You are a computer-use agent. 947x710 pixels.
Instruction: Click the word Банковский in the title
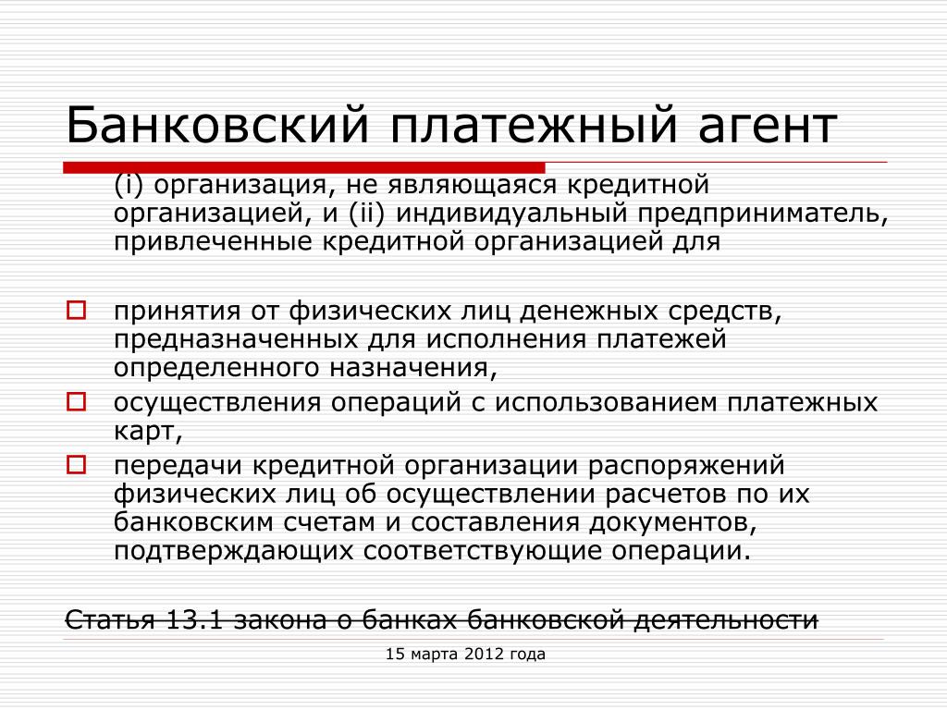pyautogui.click(x=216, y=125)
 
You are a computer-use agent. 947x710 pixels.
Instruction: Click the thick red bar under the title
pyautogui.click(x=303, y=167)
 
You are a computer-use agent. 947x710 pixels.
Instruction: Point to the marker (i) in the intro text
pyautogui.click(x=129, y=184)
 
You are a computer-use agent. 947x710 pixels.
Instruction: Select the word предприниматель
pyautogui.click(x=763, y=214)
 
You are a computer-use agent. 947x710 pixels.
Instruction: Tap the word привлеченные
pyautogui.click(x=214, y=242)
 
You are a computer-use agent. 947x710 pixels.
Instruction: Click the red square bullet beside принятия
pyautogui.click(x=76, y=311)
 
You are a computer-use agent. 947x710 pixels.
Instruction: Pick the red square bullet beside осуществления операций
pyautogui.click(x=76, y=401)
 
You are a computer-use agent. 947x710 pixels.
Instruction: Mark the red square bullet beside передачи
pyautogui.click(x=76, y=465)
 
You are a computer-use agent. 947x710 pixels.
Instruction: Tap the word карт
pyautogui.click(x=148, y=431)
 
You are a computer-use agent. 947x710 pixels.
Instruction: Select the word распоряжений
pyautogui.click(x=686, y=466)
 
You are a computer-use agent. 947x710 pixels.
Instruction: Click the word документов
pyautogui.click(x=673, y=522)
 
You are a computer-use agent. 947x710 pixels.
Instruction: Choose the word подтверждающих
pyautogui.click(x=233, y=551)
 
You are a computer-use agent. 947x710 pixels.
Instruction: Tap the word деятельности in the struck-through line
pyautogui.click(x=725, y=619)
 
